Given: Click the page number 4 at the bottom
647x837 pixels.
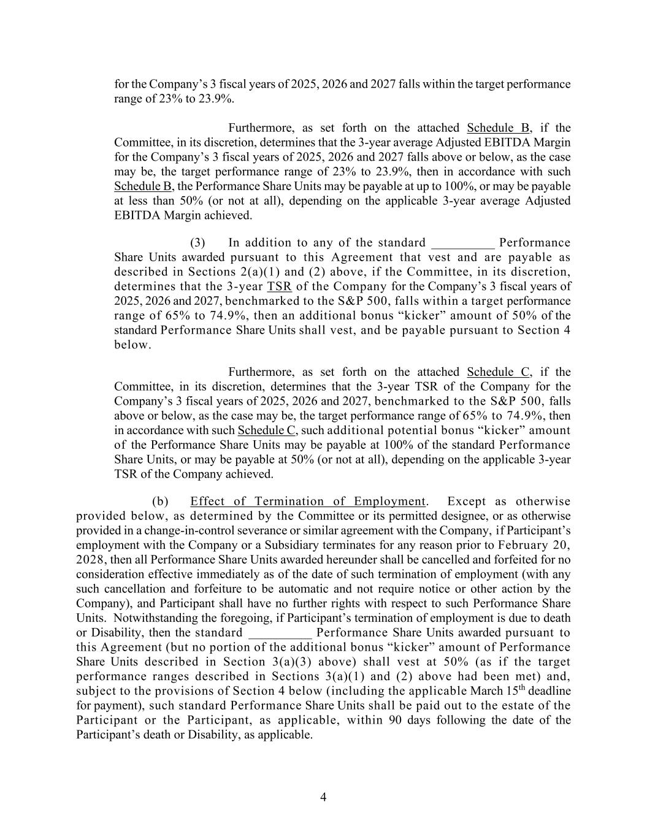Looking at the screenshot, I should [x=323, y=797].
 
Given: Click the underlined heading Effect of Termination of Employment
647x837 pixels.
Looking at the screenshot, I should [x=307, y=502].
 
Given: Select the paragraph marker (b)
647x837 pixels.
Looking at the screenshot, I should [x=160, y=502].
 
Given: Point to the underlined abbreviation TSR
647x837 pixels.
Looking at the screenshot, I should [x=279, y=286].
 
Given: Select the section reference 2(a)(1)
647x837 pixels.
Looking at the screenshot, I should [x=259, y=272].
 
